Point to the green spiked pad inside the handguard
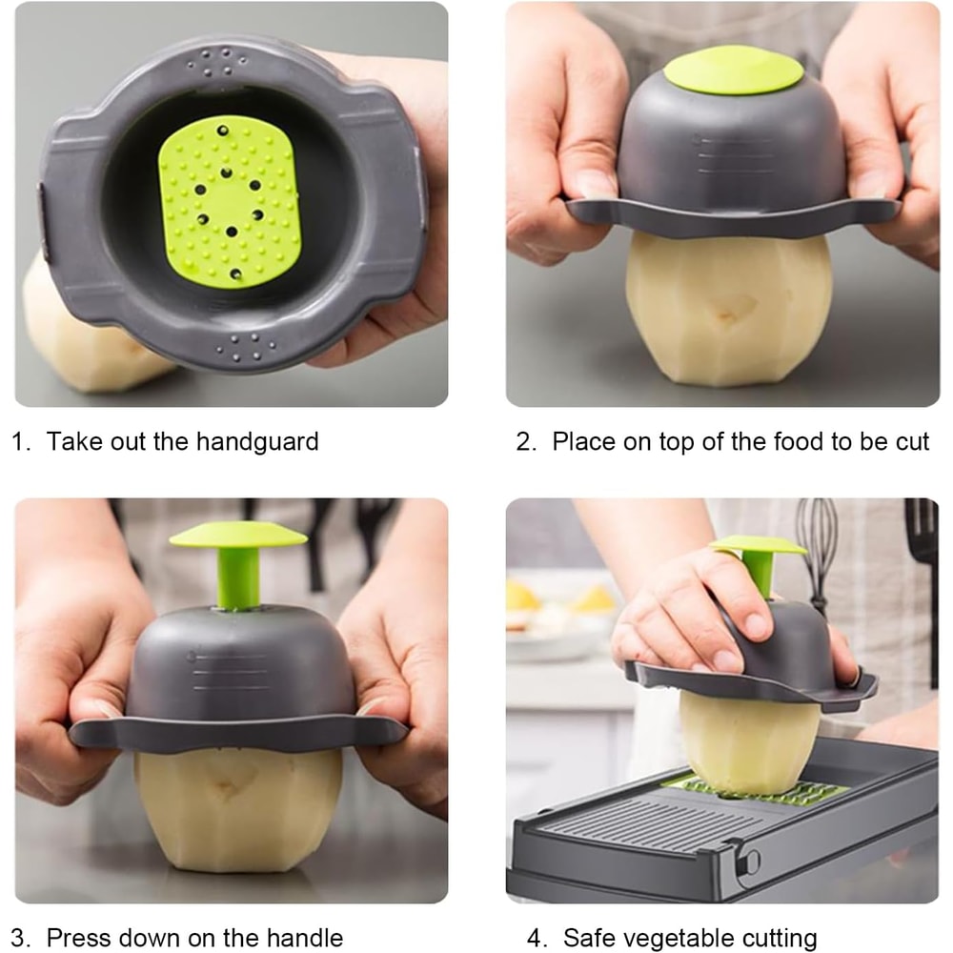[230, 201]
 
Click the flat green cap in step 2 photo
[733, 71]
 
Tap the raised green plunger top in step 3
[238, 534]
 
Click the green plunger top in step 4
[758, 545]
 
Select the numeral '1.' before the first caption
[22, 442]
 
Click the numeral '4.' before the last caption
[538, 938]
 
